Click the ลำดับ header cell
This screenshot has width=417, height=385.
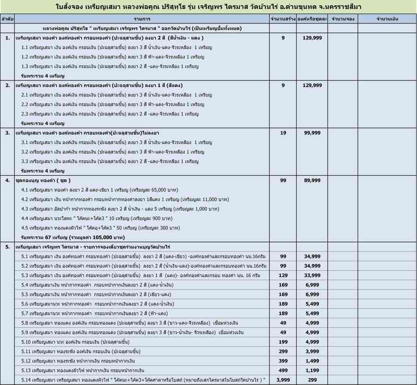(x=7, y=18)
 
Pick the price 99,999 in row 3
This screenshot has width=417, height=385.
(x=312, y=133)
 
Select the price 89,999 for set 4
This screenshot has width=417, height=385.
(x=312, y=180)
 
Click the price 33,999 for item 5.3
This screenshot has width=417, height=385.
(x=312, y=275)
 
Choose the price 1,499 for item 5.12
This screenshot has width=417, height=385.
(x=312, y=360)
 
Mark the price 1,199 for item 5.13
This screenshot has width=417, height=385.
(x=312, y=370)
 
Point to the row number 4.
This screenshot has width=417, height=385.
(x=7, y=180)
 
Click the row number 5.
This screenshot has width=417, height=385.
(x=7, y=246)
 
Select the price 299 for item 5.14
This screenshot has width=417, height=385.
(x=312, y=379)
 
